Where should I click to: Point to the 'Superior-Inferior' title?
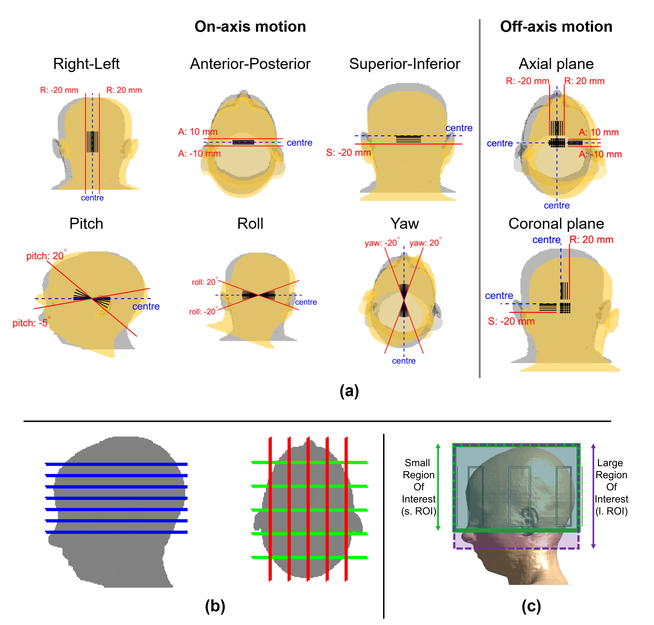[405, 64]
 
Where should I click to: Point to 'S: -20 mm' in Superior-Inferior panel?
[348, 153]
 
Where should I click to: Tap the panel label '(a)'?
[349, 390]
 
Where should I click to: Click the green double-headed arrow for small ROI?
[438, 487]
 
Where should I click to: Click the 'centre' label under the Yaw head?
[404, 361]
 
